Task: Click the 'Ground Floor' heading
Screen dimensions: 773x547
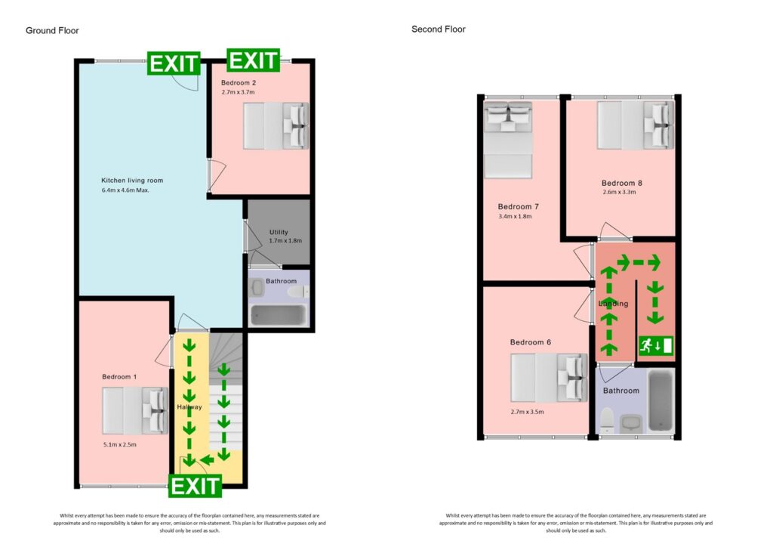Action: click(x=52, y=30)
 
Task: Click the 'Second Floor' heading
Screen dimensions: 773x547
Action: click(x=439, y=29)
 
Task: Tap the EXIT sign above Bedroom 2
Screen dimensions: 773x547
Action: click(x=254, y=60)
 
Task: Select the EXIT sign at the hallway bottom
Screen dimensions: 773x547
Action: click(x=196, y=486)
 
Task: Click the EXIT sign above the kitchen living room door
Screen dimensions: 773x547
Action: click(x=174, y=63)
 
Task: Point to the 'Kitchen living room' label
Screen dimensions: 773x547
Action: click(x=132, y=181)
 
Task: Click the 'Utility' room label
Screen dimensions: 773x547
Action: click(x=279, y=232)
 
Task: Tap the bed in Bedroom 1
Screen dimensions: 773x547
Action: click(x=135, y=411)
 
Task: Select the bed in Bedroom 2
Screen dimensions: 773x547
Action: click(x=276, y=125)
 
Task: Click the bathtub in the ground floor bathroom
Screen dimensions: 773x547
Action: click(x=278, y=315)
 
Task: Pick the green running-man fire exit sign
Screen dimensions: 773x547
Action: click(x=656, y=345)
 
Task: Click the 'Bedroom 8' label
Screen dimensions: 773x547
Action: click(x=622, y=183)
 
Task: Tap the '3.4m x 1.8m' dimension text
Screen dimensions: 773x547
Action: click(x=515, y=216)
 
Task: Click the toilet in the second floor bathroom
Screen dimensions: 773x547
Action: click(x=607, y=421)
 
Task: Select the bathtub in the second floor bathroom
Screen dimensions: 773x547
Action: click(x=661, y=401)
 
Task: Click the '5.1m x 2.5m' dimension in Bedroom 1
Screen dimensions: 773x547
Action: click(x=120, y=444)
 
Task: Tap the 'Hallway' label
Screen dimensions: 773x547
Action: click(x=189, y=407)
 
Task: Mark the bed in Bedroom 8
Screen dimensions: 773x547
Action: click(x=636, y=125)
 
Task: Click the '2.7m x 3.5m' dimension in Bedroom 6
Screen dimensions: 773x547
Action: click(x=528, y=412)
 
